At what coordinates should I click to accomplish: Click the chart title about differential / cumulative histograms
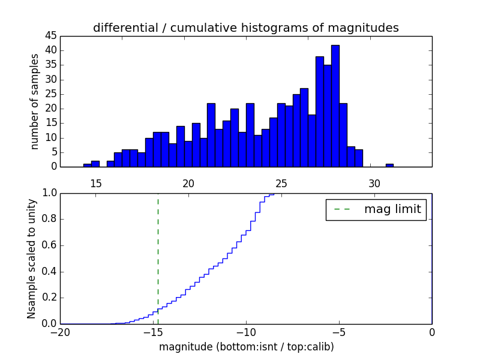point(245,28)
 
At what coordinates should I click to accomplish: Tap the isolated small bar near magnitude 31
point(389,165)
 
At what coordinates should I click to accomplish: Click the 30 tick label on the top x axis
point(374,184)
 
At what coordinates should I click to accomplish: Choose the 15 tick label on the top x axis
point(95,184)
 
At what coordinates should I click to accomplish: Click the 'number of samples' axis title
point(35,101)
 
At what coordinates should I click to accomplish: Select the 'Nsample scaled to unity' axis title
point(31,258)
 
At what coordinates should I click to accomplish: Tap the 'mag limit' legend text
point(392,209)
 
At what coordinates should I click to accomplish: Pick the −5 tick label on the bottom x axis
point(339,332)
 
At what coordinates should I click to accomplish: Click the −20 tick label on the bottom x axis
point(60,332)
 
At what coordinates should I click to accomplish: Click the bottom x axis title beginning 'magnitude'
point(246,347)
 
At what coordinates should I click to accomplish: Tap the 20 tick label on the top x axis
point(188,184)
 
